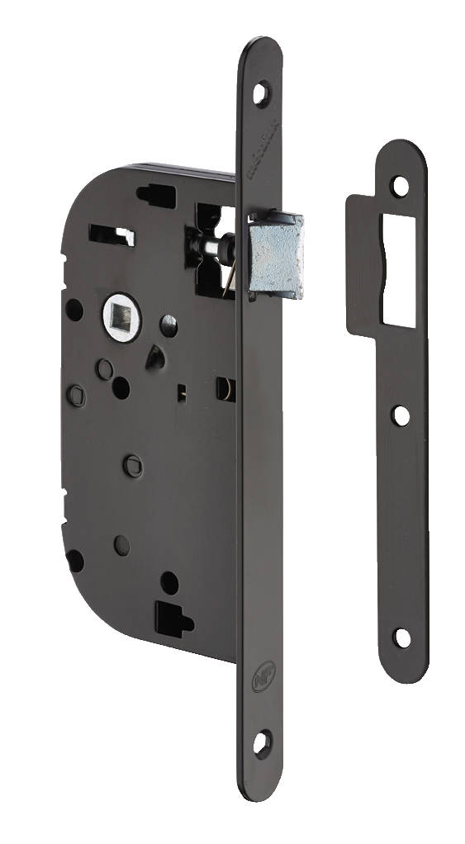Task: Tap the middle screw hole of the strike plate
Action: coord(401,415)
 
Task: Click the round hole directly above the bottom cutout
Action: coord(169,583)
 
